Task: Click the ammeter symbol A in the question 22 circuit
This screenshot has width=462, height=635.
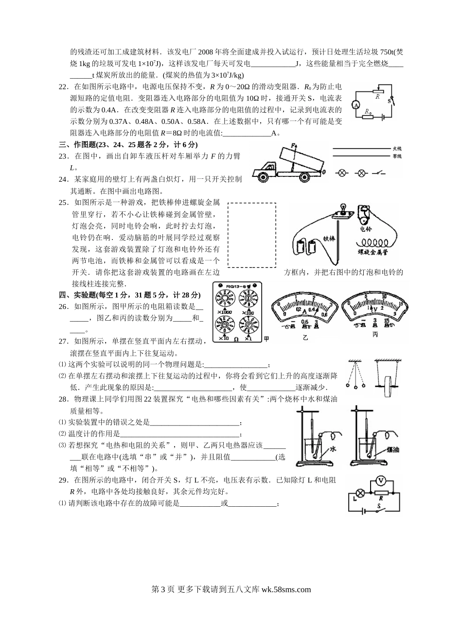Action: (355, 105)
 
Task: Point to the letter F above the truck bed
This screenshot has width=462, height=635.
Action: (293, 145)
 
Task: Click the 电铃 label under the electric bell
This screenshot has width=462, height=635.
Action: (365, 228)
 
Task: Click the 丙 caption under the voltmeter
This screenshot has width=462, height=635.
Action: (375, 335)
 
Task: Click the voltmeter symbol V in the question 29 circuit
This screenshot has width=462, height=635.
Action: (382, 481)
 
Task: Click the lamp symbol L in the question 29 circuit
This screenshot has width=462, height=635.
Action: (361, 492)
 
